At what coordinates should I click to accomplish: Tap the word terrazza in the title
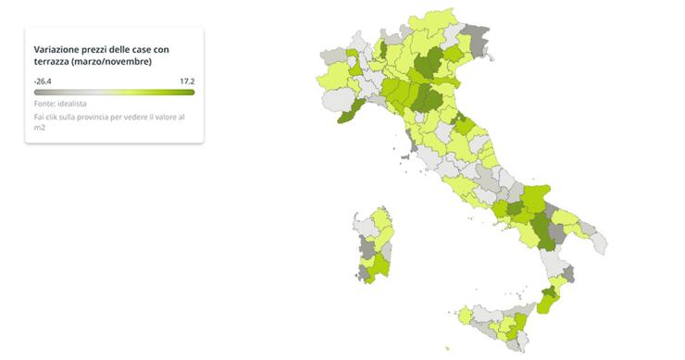pyautogui.click(x=54, y=61)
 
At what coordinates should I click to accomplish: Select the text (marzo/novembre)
pyautogui.click(x=116, y=61)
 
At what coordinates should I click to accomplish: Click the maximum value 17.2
pyautogui.click(x=186, y=81)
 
